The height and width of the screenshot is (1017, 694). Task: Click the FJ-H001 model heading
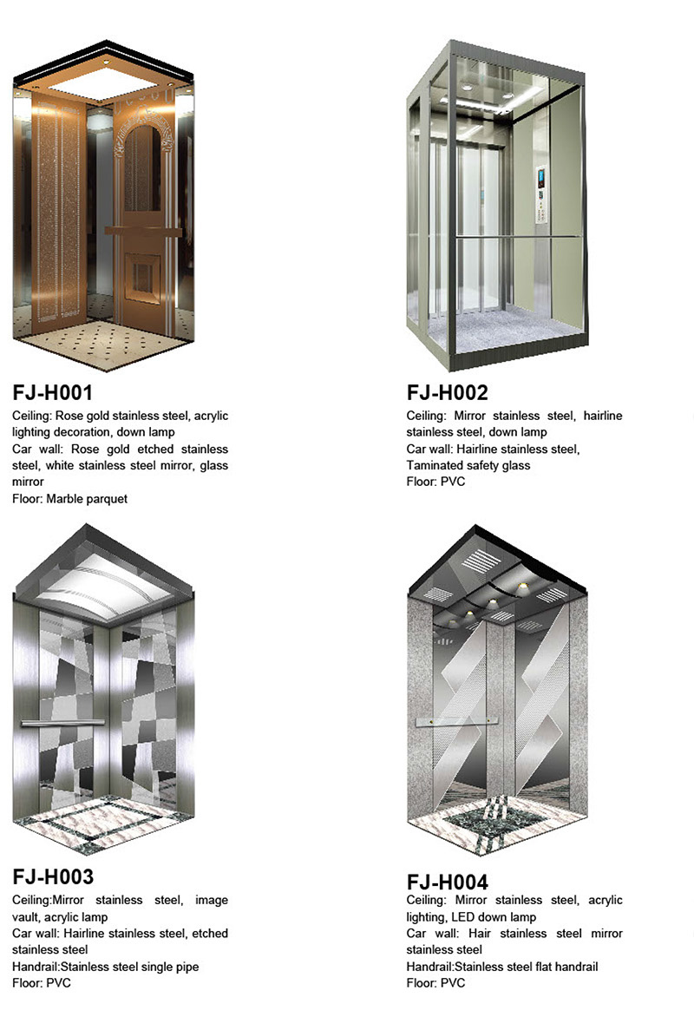pyautogui.click(x=53, y=392)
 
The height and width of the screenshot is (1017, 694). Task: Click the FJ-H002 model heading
pyautogui.click(x=447, y=392)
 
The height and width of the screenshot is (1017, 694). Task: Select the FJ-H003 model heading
pyautogui.click(x=53, y=877)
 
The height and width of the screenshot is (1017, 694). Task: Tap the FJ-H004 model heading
pyautogui.click(x=447, y=882)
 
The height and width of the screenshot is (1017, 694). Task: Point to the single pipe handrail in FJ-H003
pyautogui.click(x=62, y=722)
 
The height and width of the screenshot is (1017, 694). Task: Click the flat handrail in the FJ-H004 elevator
pyautogui.click(x=456, y=721)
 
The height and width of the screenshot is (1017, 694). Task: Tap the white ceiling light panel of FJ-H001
pyautogui.click(x=102, y=82)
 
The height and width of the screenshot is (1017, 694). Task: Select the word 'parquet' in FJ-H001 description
pyautogui.click(x=107, y=499)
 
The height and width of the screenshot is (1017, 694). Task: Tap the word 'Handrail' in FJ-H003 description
pyautogui.click(x=35, y=967)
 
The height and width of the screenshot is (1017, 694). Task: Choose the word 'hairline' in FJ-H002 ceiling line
pyautogui.click(x=603, y=415)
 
